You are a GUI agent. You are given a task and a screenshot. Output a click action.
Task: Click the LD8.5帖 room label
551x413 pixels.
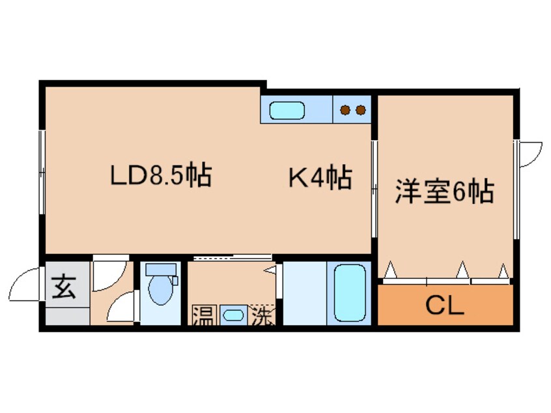pos(161,175)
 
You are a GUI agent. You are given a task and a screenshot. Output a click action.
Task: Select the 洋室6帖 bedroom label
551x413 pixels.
pos(445,192)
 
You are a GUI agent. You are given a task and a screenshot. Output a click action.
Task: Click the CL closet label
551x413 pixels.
pos(445,306)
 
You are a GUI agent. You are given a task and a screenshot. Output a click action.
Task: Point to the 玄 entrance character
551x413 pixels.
pos(64,287)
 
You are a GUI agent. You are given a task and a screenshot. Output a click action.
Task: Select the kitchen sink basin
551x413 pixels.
pos(287,110)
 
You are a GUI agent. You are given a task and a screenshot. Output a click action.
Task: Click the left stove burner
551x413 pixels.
pos(345,110)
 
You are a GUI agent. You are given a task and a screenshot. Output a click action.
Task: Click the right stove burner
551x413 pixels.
pos(361,110)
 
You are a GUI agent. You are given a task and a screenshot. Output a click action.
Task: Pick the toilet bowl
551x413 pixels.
pos(161,290)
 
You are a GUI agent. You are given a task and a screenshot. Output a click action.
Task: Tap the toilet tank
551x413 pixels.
pos(161,270)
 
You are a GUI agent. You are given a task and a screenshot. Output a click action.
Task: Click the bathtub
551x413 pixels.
pos(349,292)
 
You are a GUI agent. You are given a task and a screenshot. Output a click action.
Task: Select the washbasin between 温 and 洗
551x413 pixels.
pos(233,315)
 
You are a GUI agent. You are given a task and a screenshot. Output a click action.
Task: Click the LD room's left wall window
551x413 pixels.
pos(42,172)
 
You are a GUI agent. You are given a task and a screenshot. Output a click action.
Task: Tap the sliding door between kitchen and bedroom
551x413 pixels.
pos(374,189)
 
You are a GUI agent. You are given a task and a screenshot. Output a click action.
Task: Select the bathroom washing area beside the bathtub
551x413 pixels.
pos(305,293)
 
